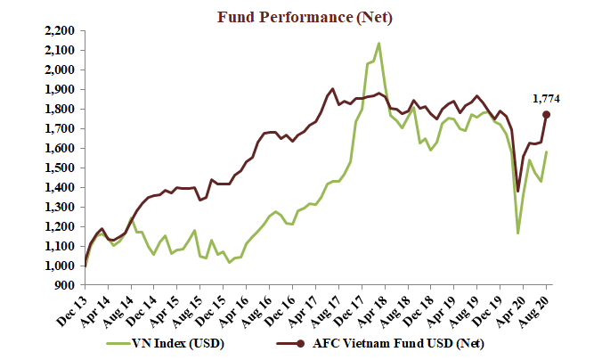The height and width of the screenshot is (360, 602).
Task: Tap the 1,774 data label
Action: [546, 99]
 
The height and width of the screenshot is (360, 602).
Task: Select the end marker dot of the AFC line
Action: [546, 114]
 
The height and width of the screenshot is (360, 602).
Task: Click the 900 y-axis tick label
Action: [66, 285]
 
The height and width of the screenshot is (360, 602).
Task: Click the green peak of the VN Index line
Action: [379, 43]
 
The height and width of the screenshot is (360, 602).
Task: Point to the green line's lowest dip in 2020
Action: [517, 233]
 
